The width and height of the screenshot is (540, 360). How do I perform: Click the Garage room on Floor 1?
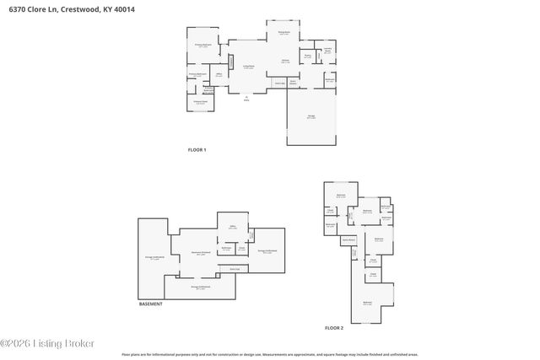click(x=311, y=117)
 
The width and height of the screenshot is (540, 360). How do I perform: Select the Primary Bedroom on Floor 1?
click(x=203, y=46)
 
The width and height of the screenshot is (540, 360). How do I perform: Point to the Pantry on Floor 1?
click(x=308, y=56)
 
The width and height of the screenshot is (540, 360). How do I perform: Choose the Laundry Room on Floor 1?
click(x=327, y=51)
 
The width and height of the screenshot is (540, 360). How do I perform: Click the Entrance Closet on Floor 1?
click(x=202, y=102)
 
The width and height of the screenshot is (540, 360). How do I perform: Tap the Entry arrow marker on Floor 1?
click(x=246, y=98)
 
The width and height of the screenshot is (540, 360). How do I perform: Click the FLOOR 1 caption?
click(x=197, y=149)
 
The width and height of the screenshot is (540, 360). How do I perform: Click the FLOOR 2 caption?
click(x=335, y=327)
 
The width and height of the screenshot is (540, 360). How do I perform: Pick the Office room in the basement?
click(x=232, y=227)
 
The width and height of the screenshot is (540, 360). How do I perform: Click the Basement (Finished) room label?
click(x=200, y=252)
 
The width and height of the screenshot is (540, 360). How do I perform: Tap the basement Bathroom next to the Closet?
click(x=226, y=249)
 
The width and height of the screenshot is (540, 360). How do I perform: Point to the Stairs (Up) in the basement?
click(x=235, y=269)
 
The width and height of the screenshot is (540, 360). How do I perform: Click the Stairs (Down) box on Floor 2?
click(x=347, y=240)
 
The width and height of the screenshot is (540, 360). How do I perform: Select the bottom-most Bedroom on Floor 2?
click(x=367, y=303)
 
